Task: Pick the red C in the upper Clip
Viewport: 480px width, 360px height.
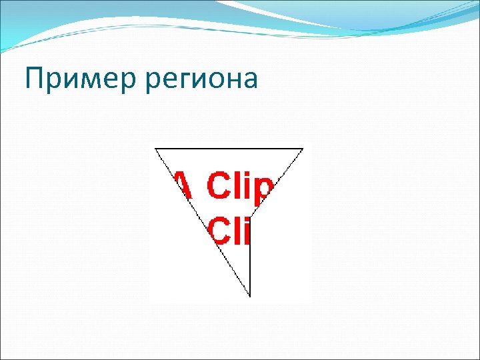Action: tap(219, 185)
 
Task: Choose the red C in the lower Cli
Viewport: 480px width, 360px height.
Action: tap(221, 230)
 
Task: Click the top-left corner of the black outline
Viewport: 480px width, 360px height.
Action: tap(155, 148)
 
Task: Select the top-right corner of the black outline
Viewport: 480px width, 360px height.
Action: tap(303, 148)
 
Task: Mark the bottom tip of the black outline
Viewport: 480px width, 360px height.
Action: tap(250, 297)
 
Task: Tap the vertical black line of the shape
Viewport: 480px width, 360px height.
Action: tap(250, 260)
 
